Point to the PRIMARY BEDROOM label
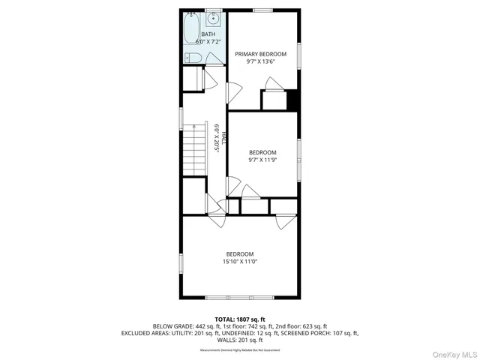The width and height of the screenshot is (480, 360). click(260, 54)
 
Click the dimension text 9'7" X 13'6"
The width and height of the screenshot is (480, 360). click(260, 61)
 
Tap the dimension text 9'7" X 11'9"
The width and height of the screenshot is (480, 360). click(262, 160)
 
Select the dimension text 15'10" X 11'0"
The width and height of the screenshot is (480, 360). click(240, 261)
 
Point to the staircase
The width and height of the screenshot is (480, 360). click(194, 150)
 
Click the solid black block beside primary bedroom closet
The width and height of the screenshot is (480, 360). click(292, 100)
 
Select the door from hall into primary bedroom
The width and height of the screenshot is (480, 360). click(233, 94)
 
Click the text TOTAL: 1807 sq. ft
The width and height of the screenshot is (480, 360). click(240, 319)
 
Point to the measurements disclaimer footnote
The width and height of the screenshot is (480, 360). click(240, 350)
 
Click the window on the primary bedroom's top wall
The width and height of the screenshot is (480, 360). click(262, 10)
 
